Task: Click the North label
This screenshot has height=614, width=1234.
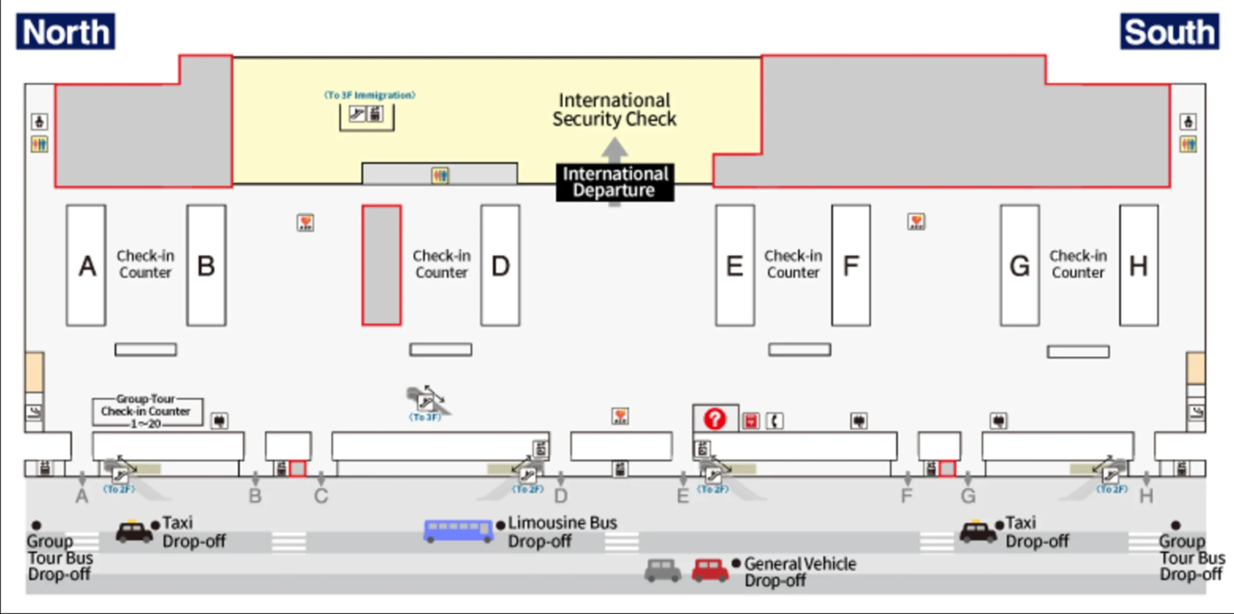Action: coord(66,32)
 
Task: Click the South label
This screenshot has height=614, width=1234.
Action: coord(1169,32)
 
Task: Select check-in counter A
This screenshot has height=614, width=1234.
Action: coord(86,266)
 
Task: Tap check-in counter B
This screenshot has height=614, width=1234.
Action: coord(206,266)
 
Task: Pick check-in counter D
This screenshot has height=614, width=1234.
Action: coord(500,266)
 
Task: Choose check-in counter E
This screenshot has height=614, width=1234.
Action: coord(735,266)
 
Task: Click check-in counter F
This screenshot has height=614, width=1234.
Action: coord(851,266)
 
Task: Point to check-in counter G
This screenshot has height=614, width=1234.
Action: coord(1019,266)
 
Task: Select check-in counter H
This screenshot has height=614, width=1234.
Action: coord(1139,266)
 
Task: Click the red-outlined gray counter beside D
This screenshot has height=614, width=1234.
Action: coord(381,266)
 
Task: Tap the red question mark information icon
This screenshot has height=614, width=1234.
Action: coord(714,419)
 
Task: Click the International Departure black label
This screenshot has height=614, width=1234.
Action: coord(615,182)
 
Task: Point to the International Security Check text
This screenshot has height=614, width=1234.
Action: coord(614,110)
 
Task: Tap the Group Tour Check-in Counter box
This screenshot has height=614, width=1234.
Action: coord(147,411)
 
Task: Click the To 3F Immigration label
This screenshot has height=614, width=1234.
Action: coord(369,95)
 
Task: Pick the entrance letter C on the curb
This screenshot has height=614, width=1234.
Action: coord(321,495)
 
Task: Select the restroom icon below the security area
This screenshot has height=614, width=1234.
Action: coord(440,175)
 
